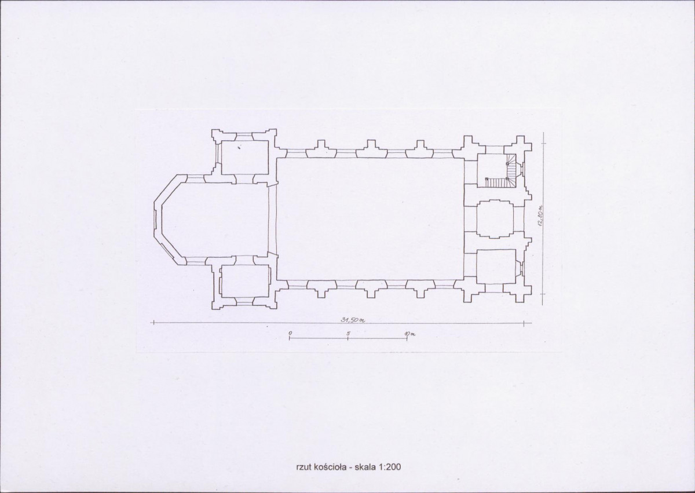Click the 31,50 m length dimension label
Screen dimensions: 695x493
click(x=352, y=320)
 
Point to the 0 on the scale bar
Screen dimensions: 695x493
click(x=290, y=333)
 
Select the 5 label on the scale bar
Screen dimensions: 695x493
click(x=349, y=333)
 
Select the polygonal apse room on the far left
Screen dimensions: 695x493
click(x=214, y=220)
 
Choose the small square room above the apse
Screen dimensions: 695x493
click(x=245, y=158)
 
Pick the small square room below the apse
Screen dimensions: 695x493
click(x=245, y=281)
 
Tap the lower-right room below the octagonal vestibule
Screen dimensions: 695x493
click(x=496, y=266)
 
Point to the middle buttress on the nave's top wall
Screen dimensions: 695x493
click(x=371, y=149)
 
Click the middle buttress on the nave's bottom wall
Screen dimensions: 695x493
click(x=371, y=289)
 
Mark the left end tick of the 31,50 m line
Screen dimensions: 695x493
click(x=153, y=323)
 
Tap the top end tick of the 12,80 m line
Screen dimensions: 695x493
click(x=543, y=143)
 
